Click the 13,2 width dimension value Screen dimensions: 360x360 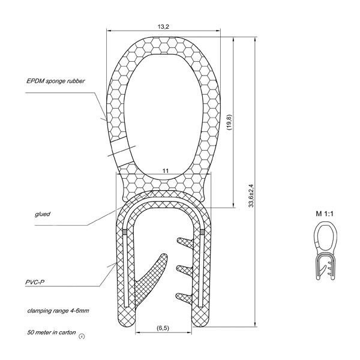[163, 26]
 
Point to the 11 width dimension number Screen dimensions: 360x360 [166, 171]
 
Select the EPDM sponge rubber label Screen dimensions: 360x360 [56, 81]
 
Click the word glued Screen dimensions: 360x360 [43, 214]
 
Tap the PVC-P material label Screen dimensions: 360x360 [35, 282]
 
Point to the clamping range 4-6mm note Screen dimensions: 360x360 [58, 311]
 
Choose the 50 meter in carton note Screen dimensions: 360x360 [52, 332]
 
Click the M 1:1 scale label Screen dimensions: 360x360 [324, 214]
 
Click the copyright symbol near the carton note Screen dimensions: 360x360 [82, 337]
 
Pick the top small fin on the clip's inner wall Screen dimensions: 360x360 [185, 243]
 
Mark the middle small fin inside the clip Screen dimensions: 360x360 [185, 270]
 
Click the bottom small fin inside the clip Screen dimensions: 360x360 [185, 296]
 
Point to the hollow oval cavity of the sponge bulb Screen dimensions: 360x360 [163, 116]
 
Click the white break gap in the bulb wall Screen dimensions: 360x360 [120, 152]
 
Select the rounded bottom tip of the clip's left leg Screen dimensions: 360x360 [126, 321]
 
